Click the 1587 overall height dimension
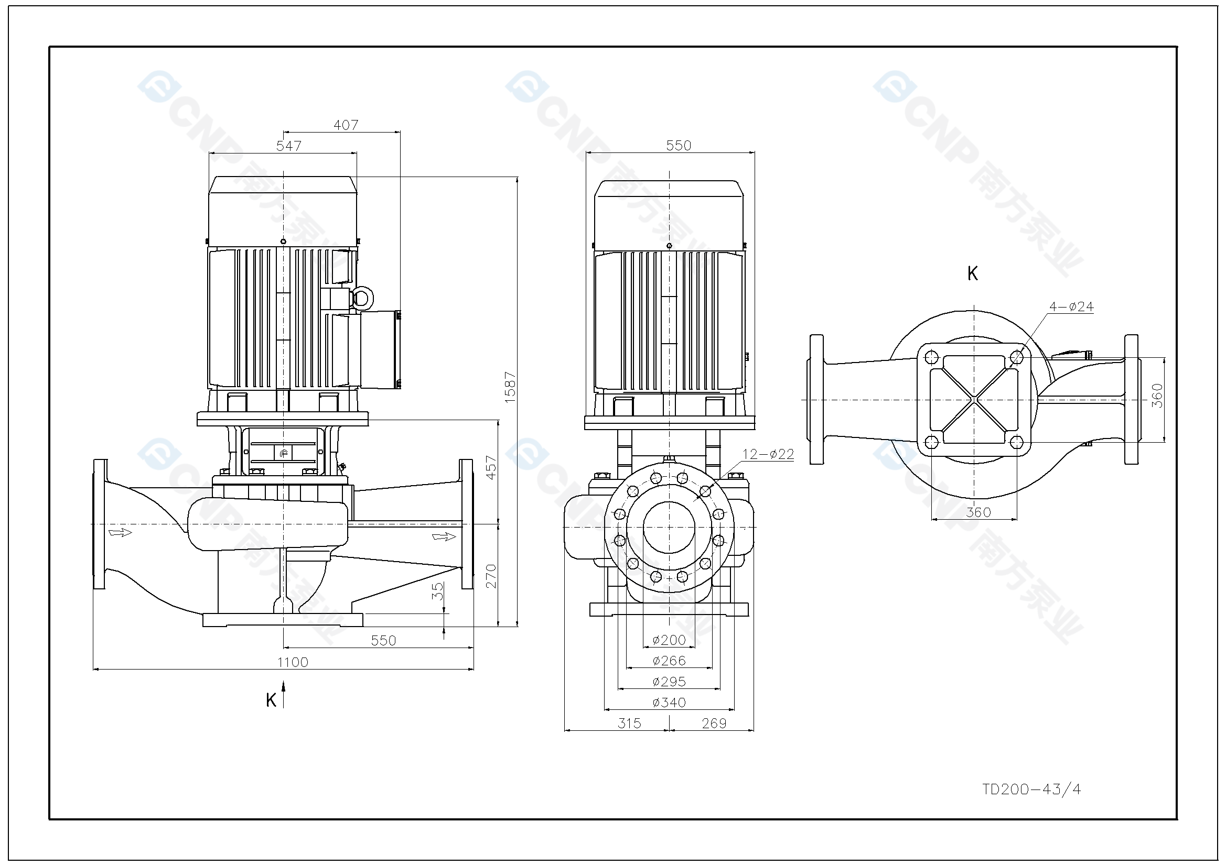click(510, 387)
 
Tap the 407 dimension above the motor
click(346, 125)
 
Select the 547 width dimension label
click(289, 146)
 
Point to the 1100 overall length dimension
click(293, 662)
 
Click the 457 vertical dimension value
click(491, 467)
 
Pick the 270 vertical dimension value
click(491, 576)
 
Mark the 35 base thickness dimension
click(437, 591)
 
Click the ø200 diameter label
click(669, 640)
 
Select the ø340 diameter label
click(669, 702)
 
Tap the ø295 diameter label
click(669, 682)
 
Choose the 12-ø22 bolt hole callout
click(768, 454)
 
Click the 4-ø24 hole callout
click(1071, 307)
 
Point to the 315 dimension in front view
click(629, 723)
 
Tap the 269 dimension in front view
click(714, 723)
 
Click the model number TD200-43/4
click(1031, 789)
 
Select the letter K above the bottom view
click(972, 273)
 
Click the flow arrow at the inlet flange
click(120, 532)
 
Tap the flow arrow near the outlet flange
click(444, 536)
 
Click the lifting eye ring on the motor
click(362, 298)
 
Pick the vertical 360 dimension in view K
click(1157, 396)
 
